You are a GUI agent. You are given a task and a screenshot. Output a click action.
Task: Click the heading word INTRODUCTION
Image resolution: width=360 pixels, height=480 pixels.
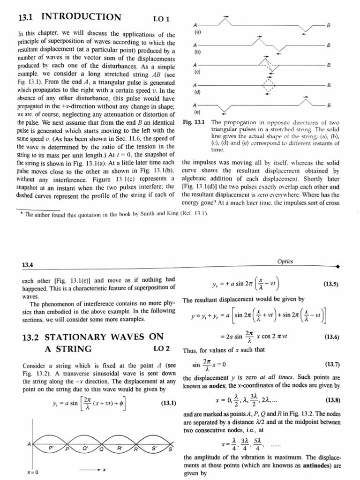click(81, 18)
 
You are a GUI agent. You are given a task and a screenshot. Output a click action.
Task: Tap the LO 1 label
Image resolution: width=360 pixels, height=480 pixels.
click(160, 19)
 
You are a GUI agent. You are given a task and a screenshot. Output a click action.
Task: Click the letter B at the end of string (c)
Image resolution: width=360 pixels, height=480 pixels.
click(329, 65)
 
